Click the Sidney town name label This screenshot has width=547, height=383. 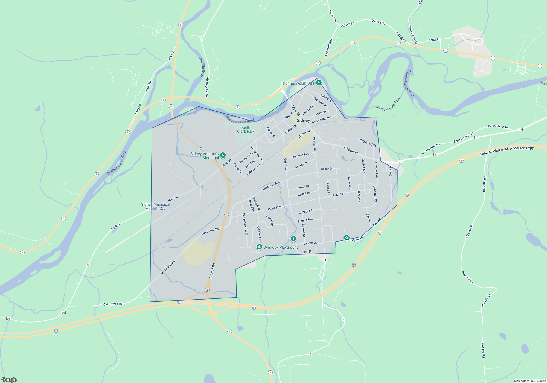pos(303,120)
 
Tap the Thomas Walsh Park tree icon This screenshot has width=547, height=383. pos(319,83)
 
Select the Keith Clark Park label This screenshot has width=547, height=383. pos(246,129)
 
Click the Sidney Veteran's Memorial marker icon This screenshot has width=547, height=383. pos(223,155)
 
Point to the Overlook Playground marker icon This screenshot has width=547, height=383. pos(259,247)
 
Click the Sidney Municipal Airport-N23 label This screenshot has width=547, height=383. pos(155,206)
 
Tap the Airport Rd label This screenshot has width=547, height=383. pos(212,271)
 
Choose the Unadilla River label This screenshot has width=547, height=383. pos(202,67)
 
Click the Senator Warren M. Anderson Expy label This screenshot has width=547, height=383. pos(507,151)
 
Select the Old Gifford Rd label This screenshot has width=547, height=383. pos(113,304)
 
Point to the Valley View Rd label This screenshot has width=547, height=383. pos(207,87)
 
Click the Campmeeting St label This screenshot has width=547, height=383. pos(245,224)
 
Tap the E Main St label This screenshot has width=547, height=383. pos(351,150)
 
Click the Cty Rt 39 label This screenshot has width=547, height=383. pos(116,226)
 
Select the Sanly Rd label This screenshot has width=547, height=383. pos(434,40)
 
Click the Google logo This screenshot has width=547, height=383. pos(9,379)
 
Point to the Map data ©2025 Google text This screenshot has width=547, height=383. pos(530,381)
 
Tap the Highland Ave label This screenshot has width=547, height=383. pos(328,48)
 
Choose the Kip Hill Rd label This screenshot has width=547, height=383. pos(333,16)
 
